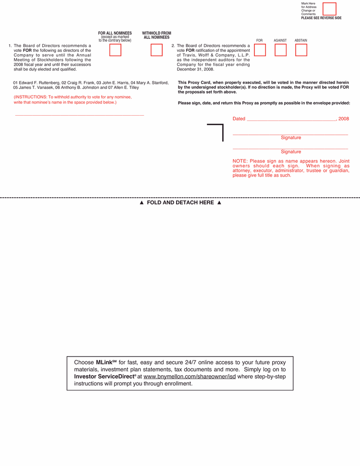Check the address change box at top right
click(x=329, y=9)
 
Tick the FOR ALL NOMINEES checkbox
click(x=115, y=50)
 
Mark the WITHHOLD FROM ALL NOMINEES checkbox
click(x=156, y=50)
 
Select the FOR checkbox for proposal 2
click(x=260, y=50)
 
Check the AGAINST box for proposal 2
click(x=280, y=50)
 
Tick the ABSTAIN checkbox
click(x=301, y=50)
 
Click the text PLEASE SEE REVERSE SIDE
click(x=321, y=18)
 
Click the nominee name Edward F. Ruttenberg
click(x=39, y=83)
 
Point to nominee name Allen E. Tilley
click(x=126, y=88)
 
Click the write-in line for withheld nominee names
click(x=79, y=114)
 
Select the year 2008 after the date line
click(x=344, y=119)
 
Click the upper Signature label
click(x=291, y=138)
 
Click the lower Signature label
click(x=291, y=152)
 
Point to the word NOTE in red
click(x=240, y=161)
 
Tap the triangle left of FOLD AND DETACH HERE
click(x=142, y=203)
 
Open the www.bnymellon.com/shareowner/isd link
click(x=190, y=377)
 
